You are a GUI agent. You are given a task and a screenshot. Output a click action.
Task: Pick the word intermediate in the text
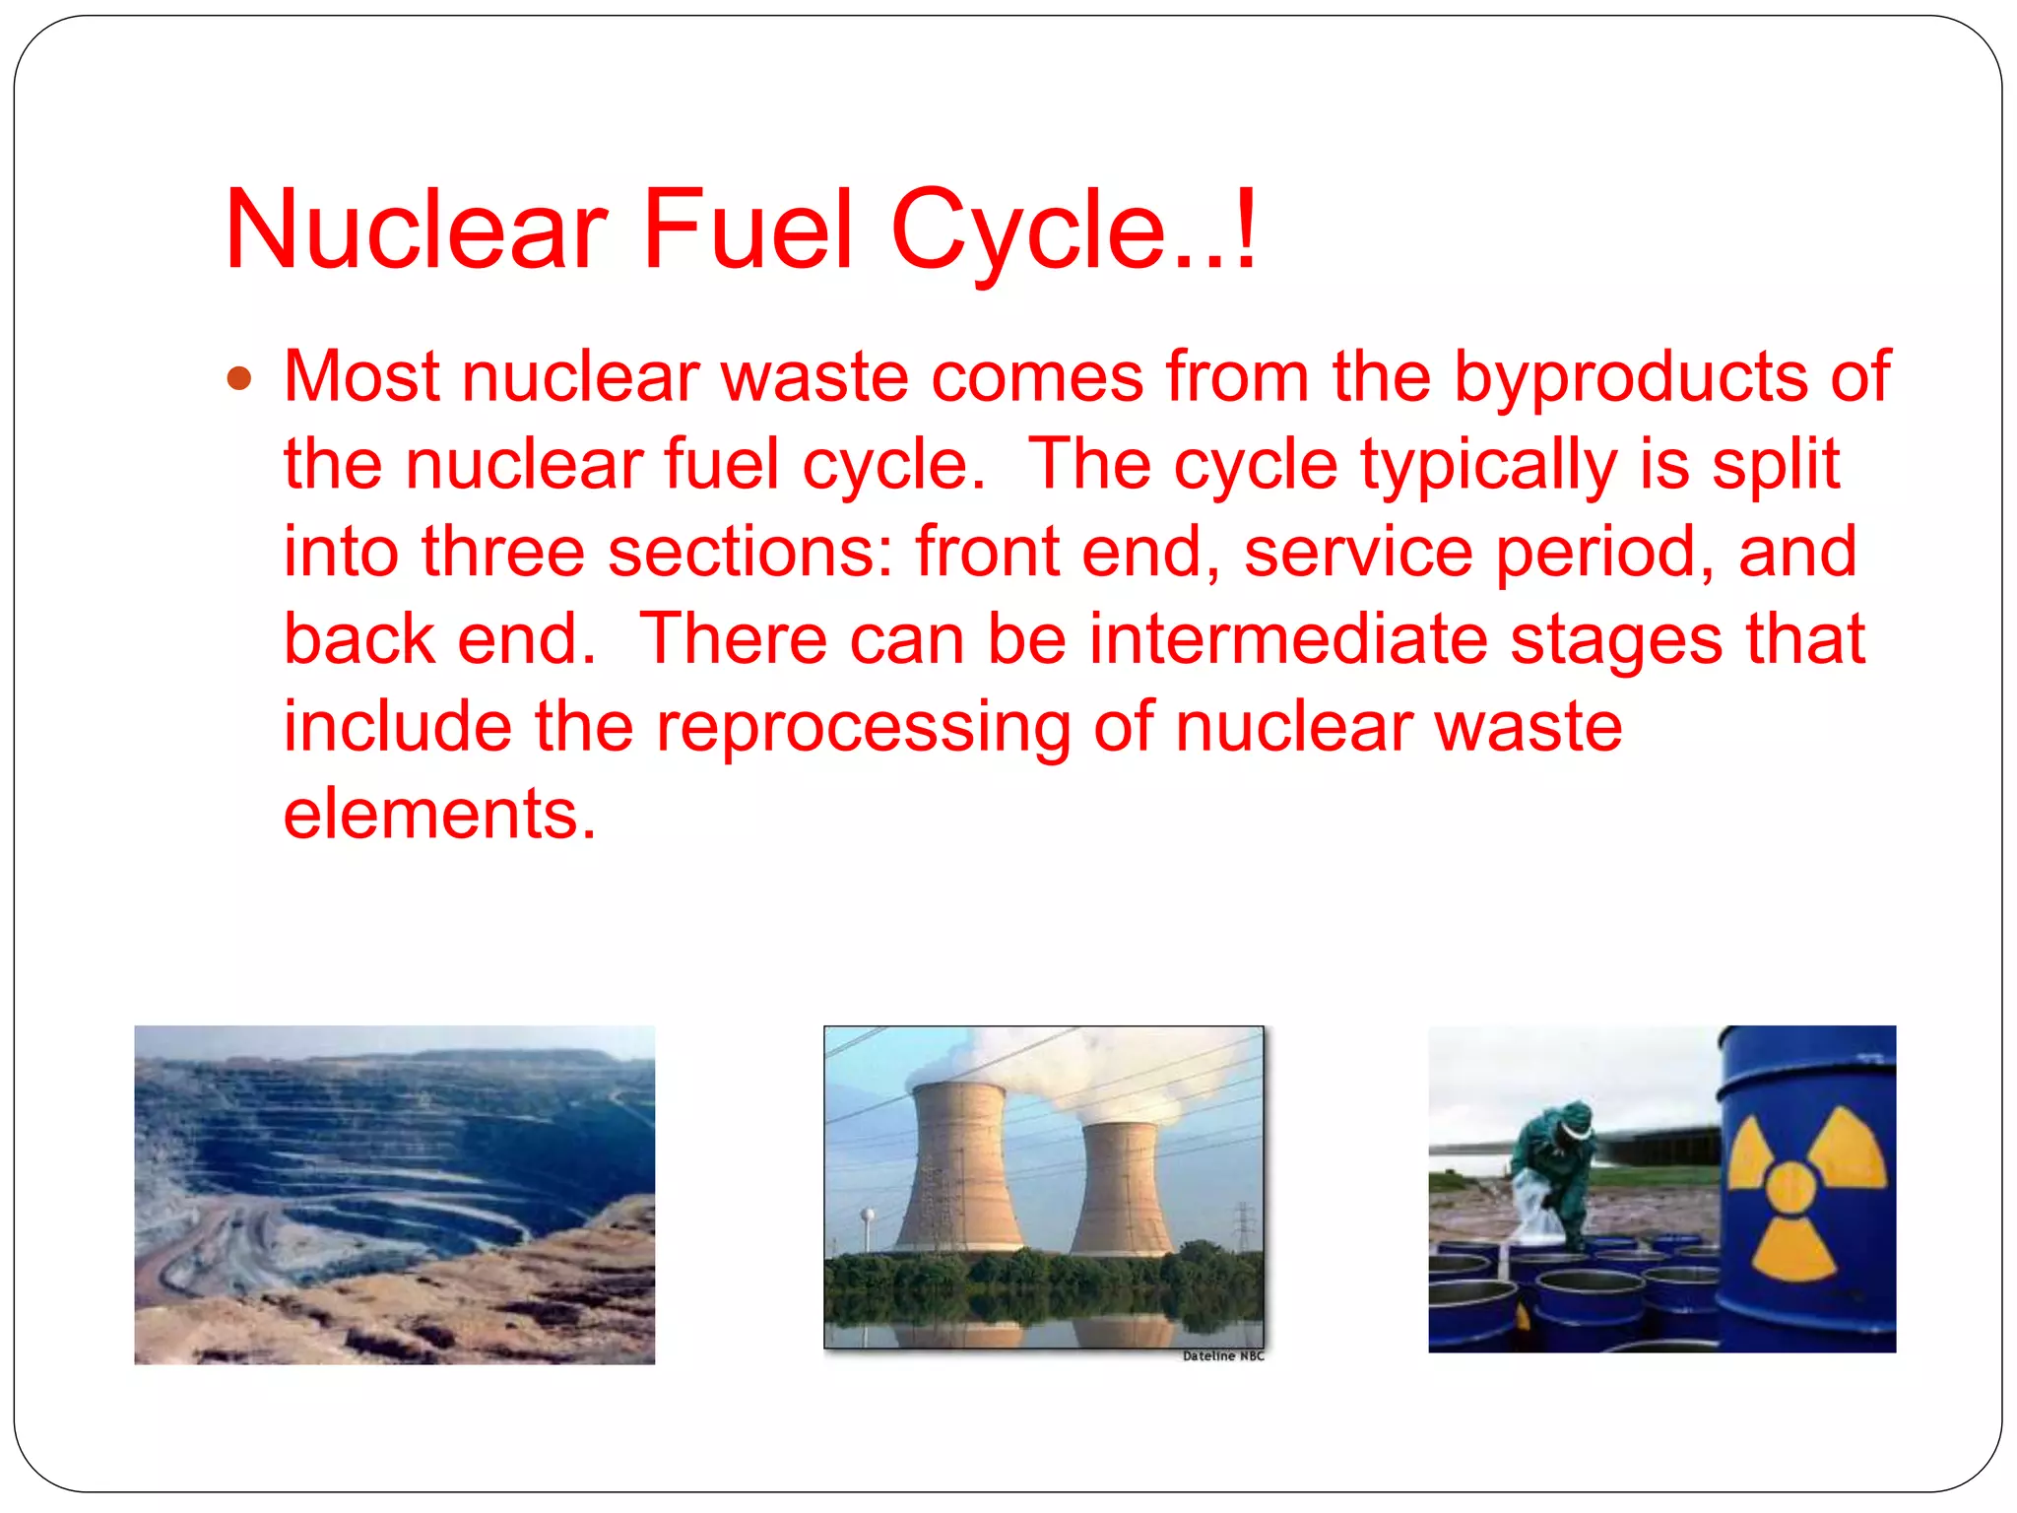(x=1288, y=639)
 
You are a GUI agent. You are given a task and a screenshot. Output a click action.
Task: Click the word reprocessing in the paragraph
(x=863, y=727)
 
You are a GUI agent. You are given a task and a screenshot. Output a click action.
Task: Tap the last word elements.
(x=439, y=814)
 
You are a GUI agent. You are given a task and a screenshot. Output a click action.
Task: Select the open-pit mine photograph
(x=394, y=1194)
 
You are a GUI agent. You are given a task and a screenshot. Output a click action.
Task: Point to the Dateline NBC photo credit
(x=1222, y=1356)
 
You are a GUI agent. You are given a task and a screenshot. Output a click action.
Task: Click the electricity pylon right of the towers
(x=1243, y=1226)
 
